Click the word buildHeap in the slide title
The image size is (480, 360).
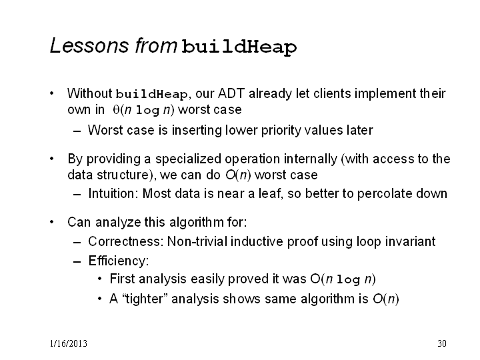coord(239,47)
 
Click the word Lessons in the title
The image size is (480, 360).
coord(89,45)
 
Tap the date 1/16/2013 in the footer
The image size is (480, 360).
coord(69,343)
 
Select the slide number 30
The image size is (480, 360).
coord(442,343)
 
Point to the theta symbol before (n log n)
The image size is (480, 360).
coord(116,109)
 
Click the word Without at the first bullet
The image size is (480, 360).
coord(90,94)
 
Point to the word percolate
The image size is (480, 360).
coord(384,194)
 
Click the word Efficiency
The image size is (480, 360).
coord(119,261)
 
